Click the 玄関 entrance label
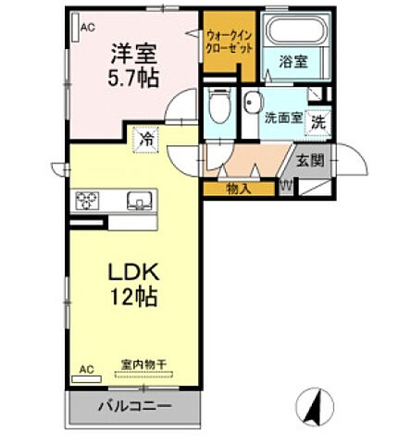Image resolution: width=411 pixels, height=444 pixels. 309,160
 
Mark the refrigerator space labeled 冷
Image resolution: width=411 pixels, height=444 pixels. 146,140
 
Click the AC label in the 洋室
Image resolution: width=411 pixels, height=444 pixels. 87,29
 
